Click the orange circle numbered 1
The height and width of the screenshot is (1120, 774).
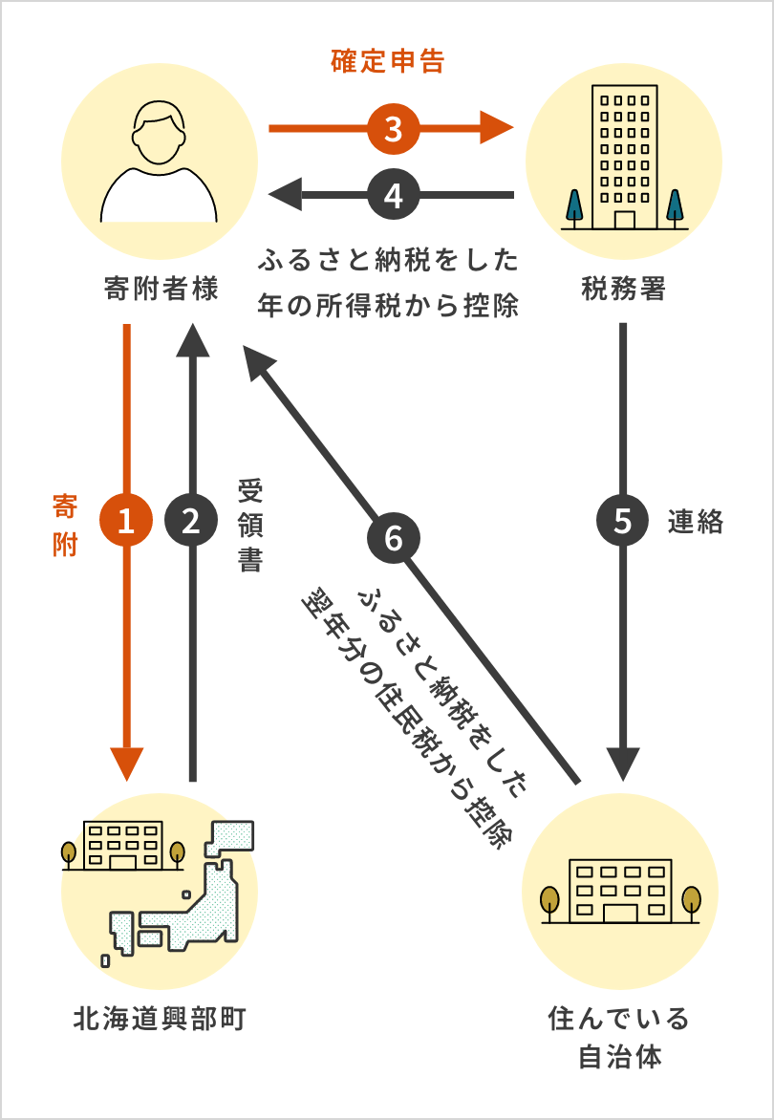[x=126, y=521]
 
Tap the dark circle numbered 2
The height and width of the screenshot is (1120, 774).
[x=192, y=521]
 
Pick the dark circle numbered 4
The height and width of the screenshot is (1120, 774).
[x=393, y=196]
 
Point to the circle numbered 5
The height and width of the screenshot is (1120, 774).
[x=623, y=521]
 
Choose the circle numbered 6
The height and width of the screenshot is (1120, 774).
[x=394, y=538]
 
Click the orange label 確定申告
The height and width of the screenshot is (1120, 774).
[x=388, y=63]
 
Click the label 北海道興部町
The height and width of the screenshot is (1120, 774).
[x=160, y=1019]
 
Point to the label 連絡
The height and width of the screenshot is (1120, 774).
[x=696, y=522]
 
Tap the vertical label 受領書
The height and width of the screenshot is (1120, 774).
[x=249, y=526]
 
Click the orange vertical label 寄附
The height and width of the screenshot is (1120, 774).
[x=64, y=526]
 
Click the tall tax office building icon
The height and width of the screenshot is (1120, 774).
[x=624, y=158]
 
